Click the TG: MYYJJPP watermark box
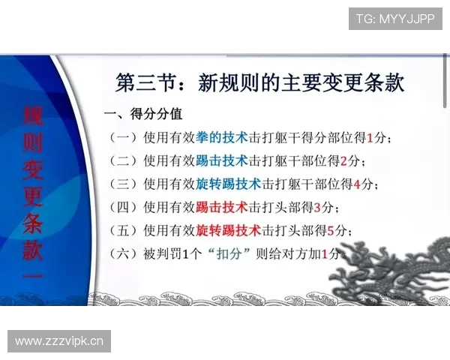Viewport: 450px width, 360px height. [395, 18]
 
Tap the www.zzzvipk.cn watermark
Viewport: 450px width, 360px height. [60, 342]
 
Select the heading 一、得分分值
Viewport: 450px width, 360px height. [143, 115]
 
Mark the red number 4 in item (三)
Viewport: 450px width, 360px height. [356, 184]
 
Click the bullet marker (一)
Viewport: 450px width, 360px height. [123, 138]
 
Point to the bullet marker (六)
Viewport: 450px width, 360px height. [123, 253]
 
